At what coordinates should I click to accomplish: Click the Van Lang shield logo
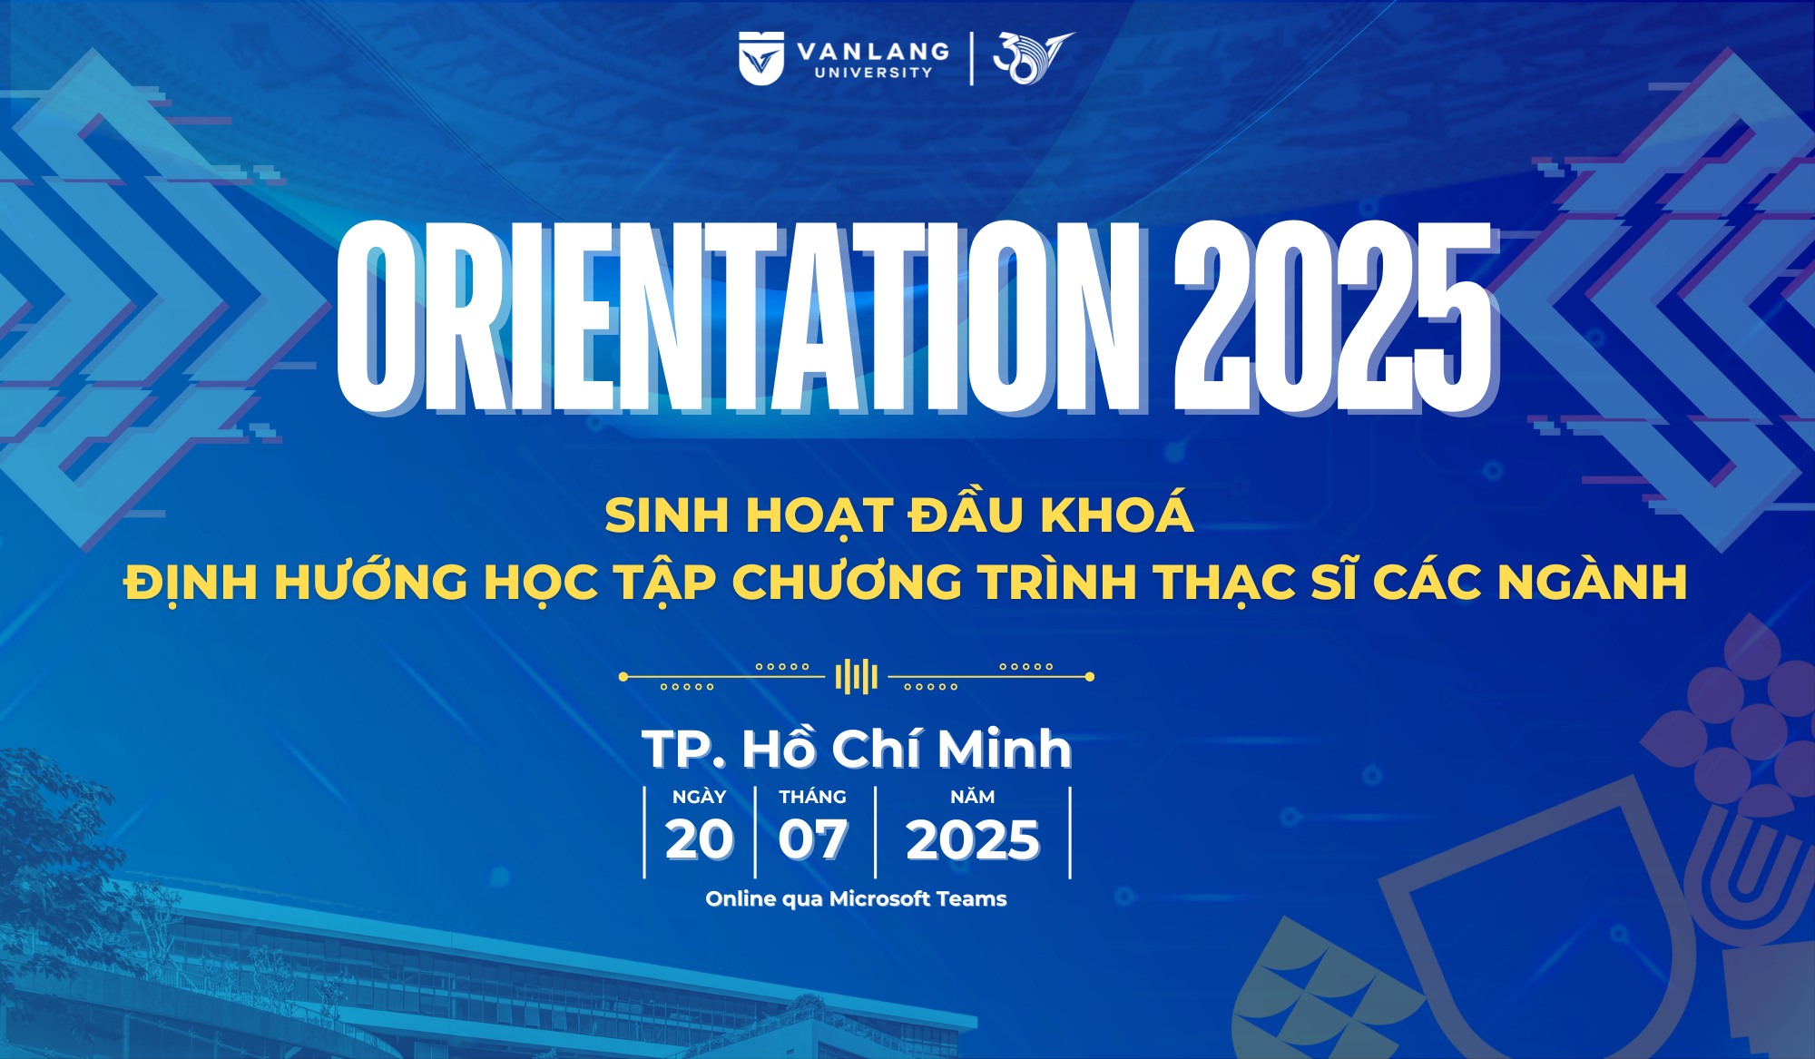click(x=760, y=58)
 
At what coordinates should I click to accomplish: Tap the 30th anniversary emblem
click(x=1033, y=58)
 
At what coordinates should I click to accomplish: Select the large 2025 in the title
click(x=1335, y=317)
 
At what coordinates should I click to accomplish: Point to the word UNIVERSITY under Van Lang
click(x=873, y=73)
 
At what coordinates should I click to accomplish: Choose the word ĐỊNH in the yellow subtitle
click(x=191, y=583)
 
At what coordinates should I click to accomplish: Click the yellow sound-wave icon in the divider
click(x=856, y=676)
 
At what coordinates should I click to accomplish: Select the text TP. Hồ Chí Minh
click(x=857, y=749)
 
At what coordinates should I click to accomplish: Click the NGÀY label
click(x=699, y=796)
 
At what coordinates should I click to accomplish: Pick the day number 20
click(x=699, y=840)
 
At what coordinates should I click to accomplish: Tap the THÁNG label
click(x=812, y=797)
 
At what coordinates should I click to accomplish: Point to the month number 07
click(x=813, y=840)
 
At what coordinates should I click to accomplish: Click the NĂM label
click(x=973, y=796)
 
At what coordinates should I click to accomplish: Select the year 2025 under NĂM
click(x=973, y=840)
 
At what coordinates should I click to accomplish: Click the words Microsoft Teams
click(x=918, y=898)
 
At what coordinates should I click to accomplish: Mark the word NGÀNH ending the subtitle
click(x=1593, y=582)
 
